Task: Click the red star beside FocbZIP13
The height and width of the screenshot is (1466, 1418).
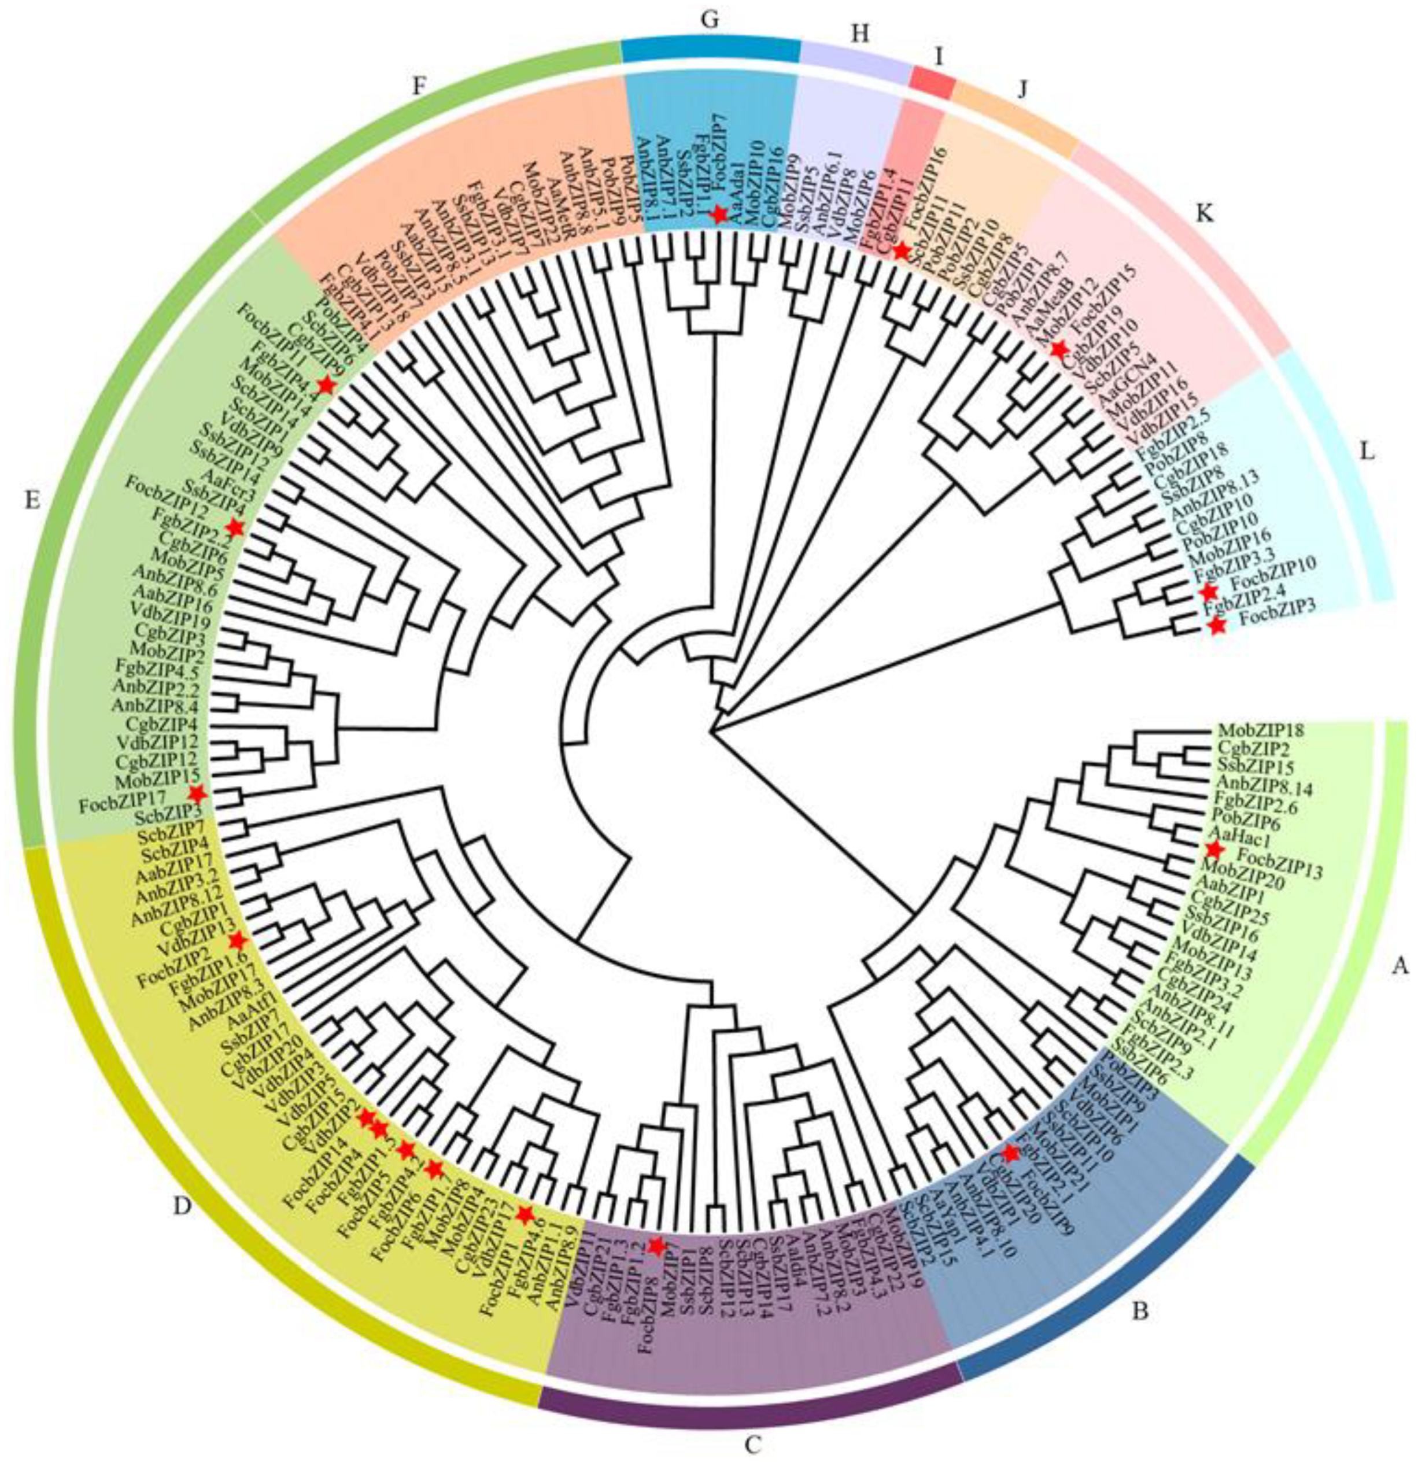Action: pos(1214,849)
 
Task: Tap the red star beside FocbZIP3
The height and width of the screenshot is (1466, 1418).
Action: pos(1217,627)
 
